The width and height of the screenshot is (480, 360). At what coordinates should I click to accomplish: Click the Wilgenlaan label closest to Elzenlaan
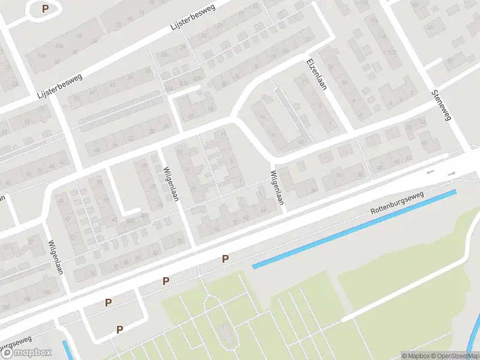tap(277, 188)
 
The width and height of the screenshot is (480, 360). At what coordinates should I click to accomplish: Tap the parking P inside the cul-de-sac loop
tap(45, 9)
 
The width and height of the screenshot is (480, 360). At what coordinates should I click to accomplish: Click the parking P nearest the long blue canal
tap(226, 259)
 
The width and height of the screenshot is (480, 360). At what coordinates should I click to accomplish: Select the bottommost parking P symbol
tap(119, 329)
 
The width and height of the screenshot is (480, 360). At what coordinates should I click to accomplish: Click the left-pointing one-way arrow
tap(430, 173)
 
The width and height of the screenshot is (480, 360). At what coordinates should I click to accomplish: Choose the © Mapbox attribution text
tap(416, 356)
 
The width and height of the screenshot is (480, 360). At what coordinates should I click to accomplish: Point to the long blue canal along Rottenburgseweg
tap(354, 229)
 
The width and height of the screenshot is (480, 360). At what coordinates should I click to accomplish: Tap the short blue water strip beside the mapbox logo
tap(68, 350)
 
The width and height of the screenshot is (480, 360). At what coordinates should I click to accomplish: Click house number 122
tap(393, 52)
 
